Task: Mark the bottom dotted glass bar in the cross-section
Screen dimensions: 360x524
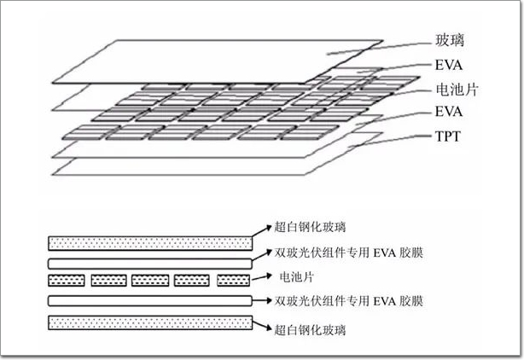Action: pos(150,322)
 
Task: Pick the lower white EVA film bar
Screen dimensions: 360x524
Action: pos(150,301)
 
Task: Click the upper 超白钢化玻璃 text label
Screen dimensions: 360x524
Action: pos(310,227)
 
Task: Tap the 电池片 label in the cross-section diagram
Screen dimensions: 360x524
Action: pos(301,277)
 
